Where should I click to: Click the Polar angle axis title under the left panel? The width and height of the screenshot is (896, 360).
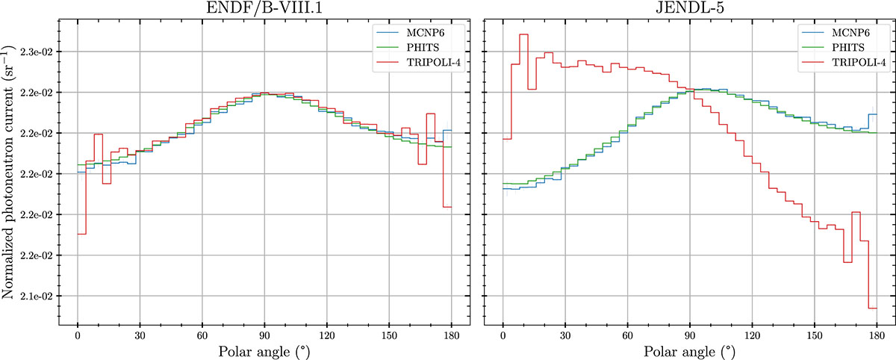point(264,350)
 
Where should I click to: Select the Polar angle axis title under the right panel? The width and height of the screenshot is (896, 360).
point(689,350)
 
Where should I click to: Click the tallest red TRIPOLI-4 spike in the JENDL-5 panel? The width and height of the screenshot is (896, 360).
point(523,34)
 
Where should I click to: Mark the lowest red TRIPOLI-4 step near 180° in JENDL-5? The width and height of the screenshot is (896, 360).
point(872,308)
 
